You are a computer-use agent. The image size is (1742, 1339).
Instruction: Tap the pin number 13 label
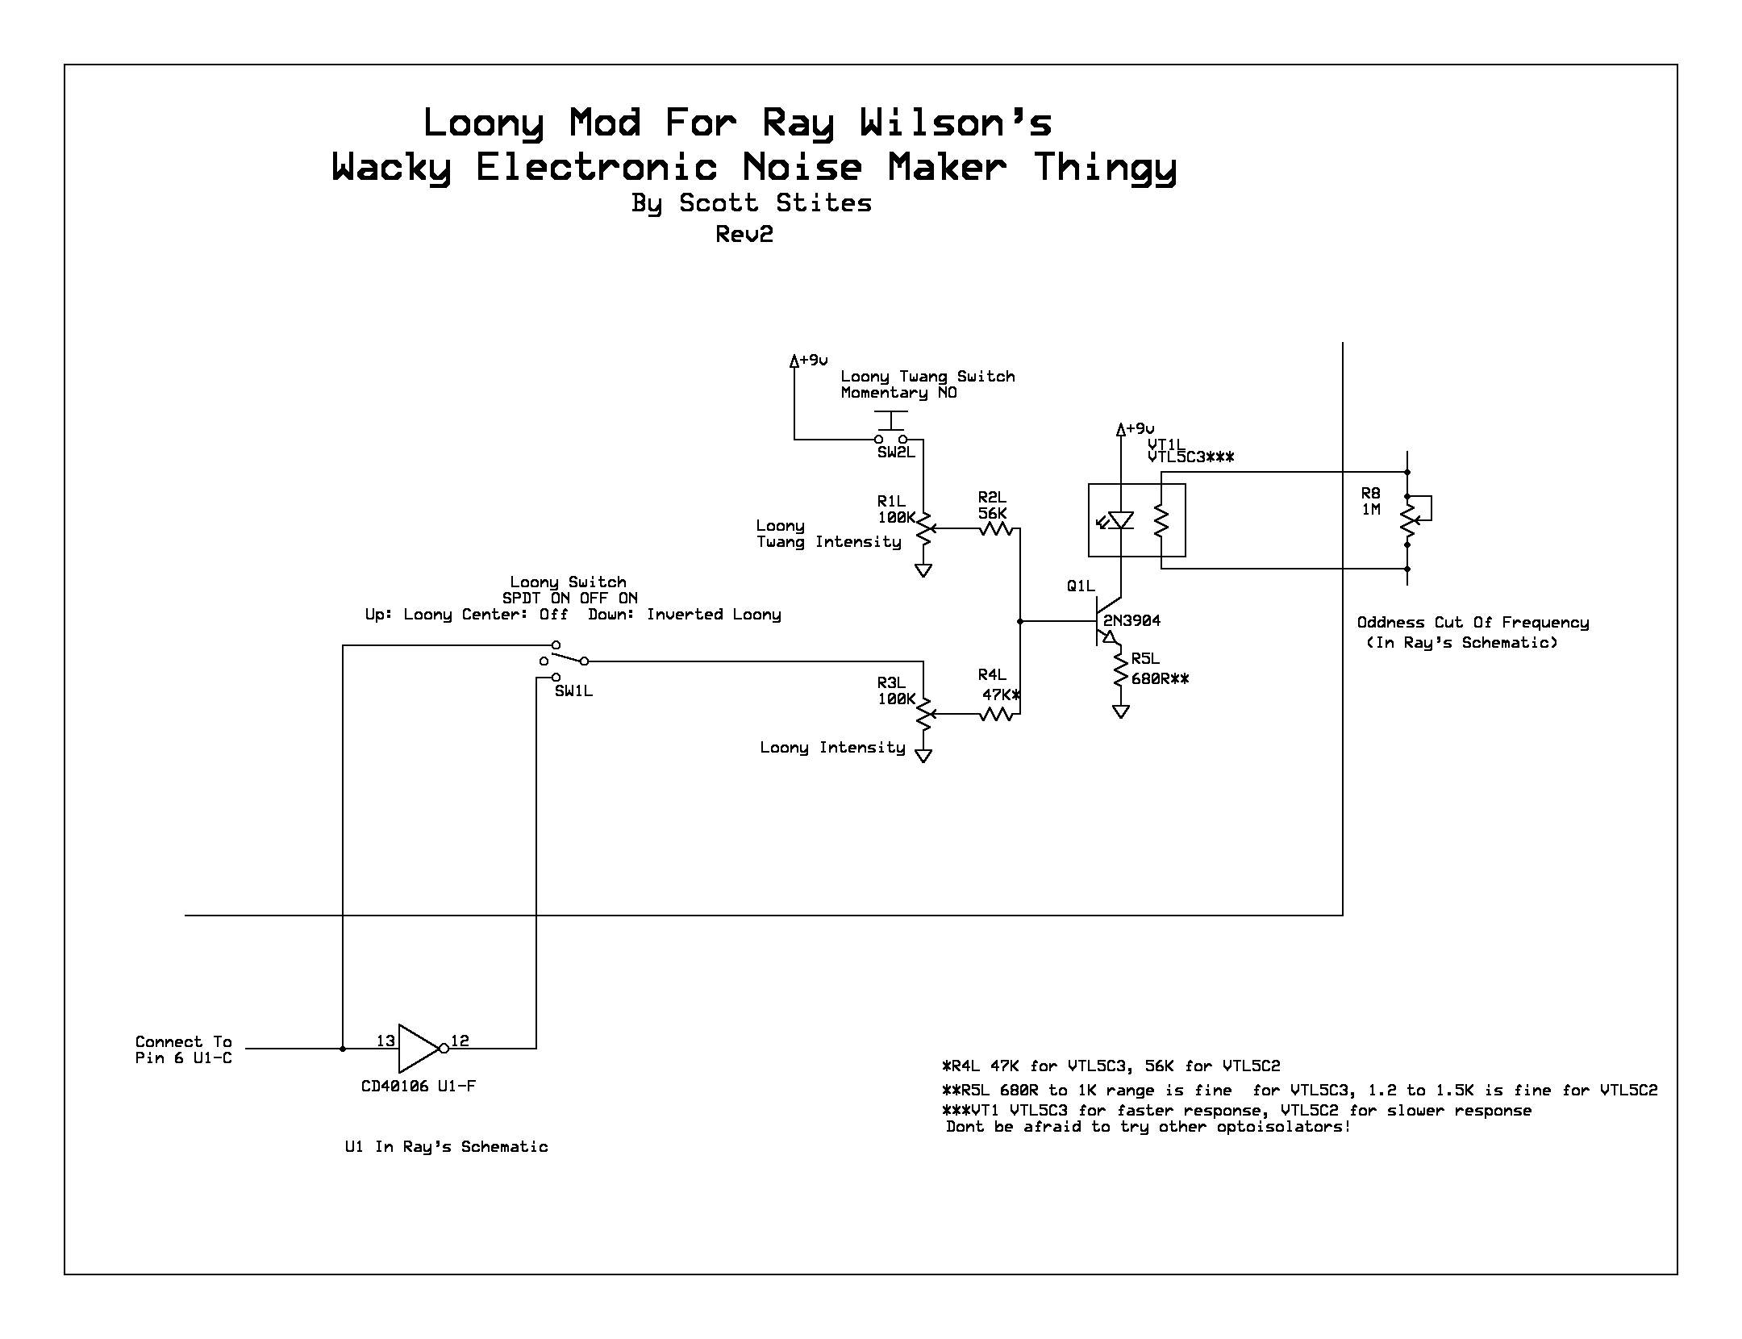pos(385,1041)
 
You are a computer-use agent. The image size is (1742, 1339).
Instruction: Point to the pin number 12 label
pos(460,1041)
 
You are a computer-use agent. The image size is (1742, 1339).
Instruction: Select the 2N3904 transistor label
pos(1131,620)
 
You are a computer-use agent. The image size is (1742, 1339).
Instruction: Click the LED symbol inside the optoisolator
pos(1120,520)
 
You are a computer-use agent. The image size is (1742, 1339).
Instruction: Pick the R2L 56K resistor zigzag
pos(996,528)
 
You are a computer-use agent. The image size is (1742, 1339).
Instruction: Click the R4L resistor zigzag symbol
pos(996,714)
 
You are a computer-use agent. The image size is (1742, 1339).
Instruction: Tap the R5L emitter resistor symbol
pos(1120,669)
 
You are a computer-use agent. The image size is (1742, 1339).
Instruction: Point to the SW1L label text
pos(573,691)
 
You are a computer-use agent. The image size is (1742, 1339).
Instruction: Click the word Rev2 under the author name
pos(744,234)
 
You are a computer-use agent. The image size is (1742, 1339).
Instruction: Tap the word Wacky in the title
pos(391,168)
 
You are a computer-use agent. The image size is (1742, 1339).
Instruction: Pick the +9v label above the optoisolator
pos(1140,428)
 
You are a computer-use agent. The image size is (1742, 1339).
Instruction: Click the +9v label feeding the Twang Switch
pos(814,360)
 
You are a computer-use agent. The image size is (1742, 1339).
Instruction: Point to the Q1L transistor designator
pos(1081,586)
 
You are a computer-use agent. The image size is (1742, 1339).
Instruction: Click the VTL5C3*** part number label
pos(1191,457)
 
